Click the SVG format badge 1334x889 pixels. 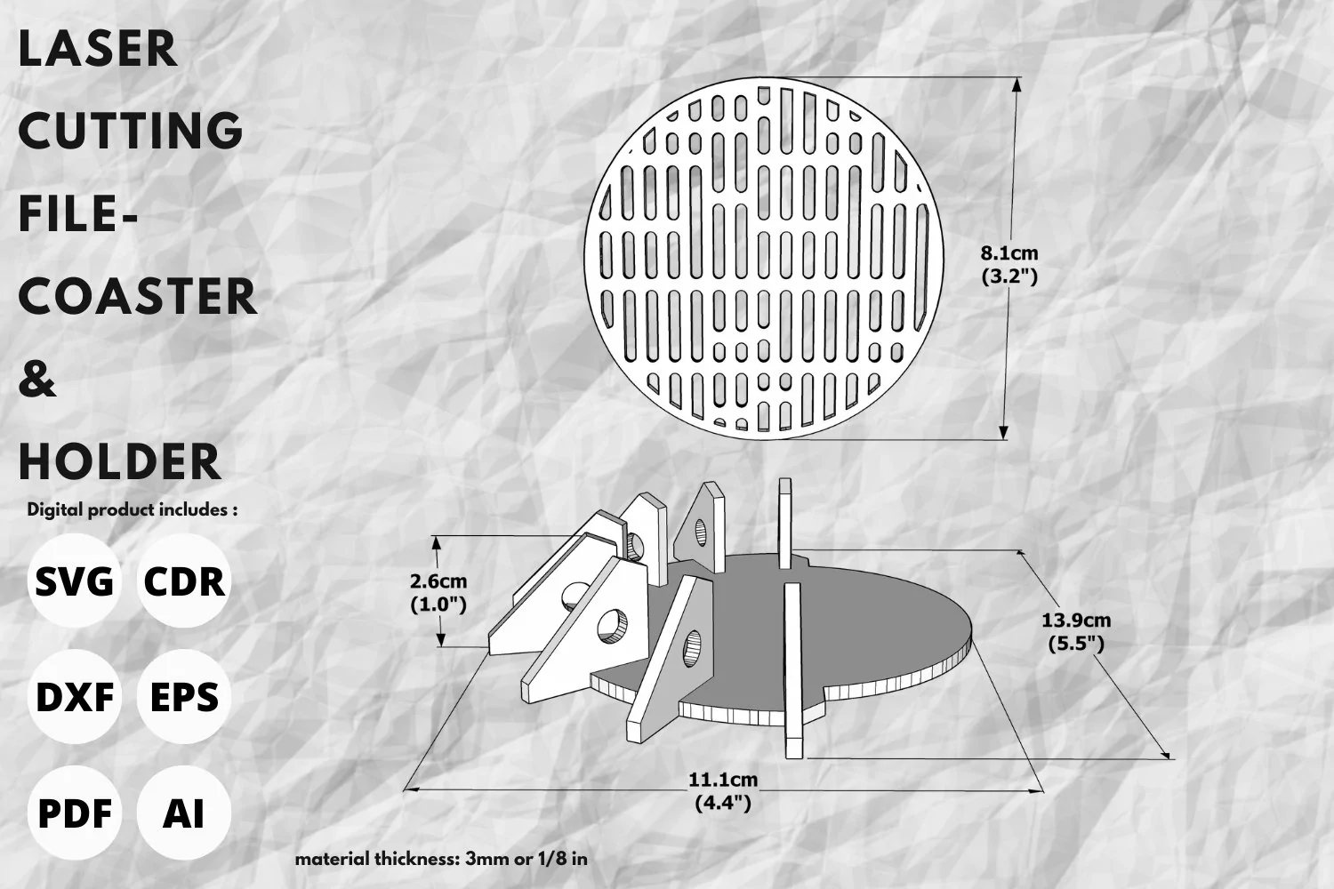[75, 581]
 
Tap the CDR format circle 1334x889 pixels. [184, 581]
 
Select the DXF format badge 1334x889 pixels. [75, 697]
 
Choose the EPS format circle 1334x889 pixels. [184, 697]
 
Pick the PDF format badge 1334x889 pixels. [75, 813]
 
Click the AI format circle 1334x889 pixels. [184, 813]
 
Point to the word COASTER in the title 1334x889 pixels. [138, 296]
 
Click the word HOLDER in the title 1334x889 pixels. [120, 461]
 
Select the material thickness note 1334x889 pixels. [441, 860]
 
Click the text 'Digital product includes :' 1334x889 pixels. [133, 509]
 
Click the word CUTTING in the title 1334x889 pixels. [131, 131]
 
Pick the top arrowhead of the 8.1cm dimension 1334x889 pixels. [1017, 85]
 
